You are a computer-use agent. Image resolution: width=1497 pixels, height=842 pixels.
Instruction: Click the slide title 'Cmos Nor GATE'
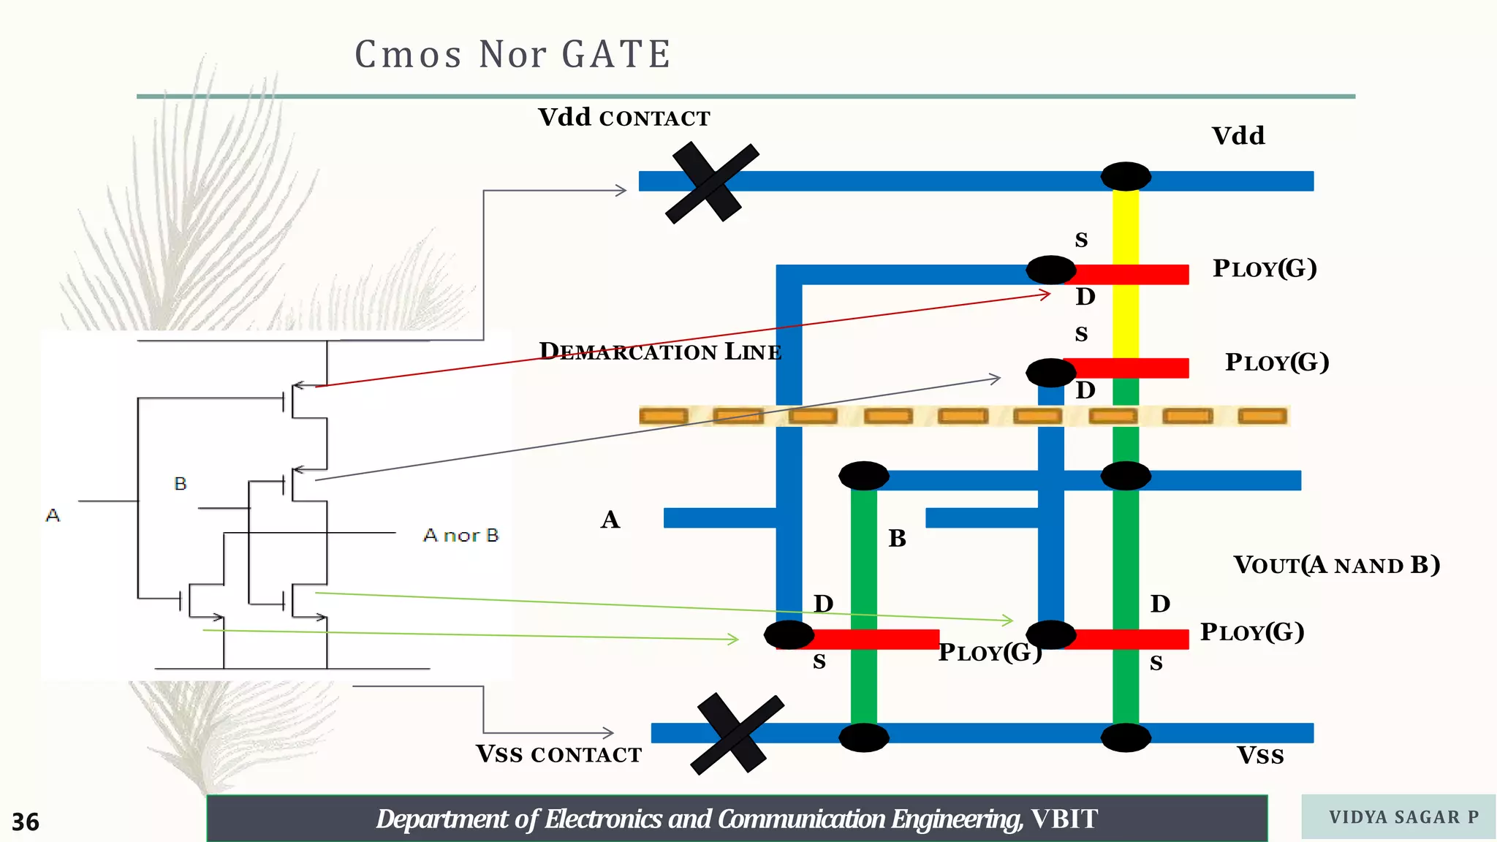(x=512, y=55)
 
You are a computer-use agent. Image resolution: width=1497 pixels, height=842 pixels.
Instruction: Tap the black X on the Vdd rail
(x=711, y=183)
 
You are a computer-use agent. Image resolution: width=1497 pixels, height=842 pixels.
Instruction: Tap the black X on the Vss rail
(x=737, y=734)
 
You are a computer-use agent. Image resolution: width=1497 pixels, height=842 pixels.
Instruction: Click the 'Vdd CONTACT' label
(x=624, y=118)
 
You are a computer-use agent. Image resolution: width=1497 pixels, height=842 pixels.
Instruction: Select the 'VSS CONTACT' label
(x=558, y=754)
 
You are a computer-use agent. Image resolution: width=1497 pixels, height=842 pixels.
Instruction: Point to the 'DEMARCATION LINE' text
(x=660, y=352)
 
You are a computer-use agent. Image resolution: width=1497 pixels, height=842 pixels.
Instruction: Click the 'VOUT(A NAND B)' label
(x=1336, y=565)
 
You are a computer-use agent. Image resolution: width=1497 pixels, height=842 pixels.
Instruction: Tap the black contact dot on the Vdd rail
(x=1126, y=177)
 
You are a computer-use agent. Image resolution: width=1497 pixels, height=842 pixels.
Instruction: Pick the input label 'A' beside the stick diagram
(x=610, y=520)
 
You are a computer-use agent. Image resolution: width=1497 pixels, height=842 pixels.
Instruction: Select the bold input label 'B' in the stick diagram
(x=897, y=539)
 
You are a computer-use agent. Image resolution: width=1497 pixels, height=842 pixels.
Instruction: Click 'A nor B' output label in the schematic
(x=461, y=536)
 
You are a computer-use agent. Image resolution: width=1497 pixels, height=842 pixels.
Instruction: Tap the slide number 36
(x=26, y=822)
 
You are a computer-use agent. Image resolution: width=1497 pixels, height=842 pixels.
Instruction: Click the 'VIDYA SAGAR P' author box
(x=1398, y=817)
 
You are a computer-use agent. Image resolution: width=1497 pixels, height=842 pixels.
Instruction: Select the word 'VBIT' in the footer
(x=1064, y=819)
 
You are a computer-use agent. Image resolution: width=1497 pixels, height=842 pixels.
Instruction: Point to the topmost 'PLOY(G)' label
(x=1265, y=268)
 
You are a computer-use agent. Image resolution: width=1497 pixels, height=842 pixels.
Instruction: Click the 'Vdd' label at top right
(x=1238, y=136)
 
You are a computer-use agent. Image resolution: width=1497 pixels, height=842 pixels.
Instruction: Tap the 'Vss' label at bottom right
(x=1259, y=755)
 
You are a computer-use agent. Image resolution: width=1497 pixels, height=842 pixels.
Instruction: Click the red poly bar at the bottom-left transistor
(x=899, y=640)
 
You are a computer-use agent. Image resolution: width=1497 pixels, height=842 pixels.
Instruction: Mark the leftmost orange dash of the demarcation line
(x=663, y=417)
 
